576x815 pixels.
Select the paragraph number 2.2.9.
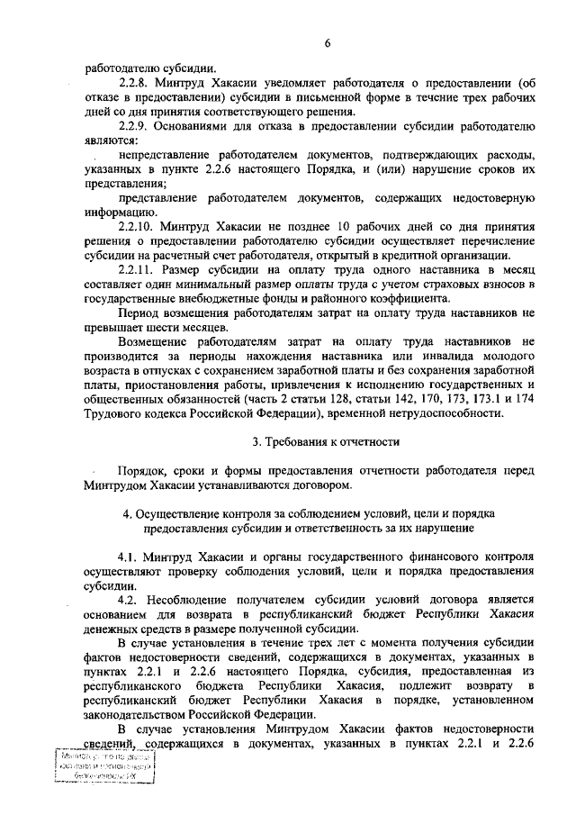(x=135, y=127)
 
